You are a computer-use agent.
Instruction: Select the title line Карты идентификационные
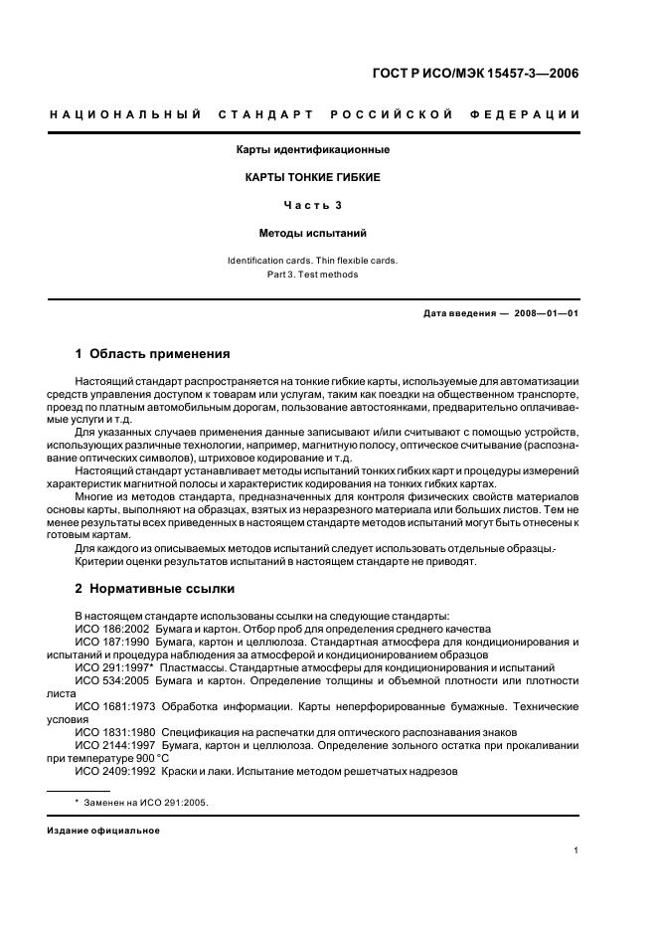coord(312,149)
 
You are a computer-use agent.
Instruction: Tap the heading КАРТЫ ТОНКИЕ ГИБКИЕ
coord(312,177)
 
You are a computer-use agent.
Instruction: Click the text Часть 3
coord(312,205)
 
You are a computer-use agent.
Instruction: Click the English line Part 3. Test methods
coord(312,275)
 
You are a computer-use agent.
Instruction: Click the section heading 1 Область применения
coord(153,353)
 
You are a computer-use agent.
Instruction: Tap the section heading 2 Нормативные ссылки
coord(153,587)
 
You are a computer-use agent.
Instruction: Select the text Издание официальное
coord(103,831)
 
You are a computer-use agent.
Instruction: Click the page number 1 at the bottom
coord(576,850)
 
